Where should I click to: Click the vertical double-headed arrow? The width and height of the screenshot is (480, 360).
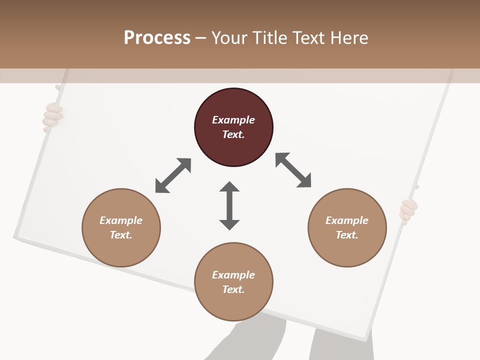229,205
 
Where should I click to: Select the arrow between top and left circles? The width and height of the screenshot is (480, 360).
173,175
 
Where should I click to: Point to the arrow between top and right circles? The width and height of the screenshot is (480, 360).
293,170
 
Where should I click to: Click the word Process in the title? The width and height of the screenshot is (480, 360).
157,37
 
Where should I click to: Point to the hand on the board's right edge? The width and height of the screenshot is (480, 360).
408,210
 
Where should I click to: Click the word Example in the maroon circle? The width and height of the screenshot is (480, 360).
233,120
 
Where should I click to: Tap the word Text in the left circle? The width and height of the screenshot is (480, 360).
120,235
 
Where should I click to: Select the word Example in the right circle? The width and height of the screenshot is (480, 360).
347,220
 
